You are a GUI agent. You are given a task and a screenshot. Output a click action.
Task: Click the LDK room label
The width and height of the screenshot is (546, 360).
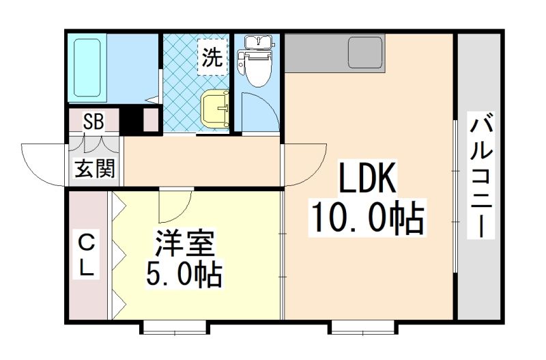point(367,178)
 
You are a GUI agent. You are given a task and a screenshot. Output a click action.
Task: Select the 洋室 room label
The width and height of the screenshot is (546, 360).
point(184,243)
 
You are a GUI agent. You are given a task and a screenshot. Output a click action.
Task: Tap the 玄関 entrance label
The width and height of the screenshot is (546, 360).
point(95,169)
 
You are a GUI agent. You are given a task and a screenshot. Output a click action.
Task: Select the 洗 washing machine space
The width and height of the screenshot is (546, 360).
point(212,57)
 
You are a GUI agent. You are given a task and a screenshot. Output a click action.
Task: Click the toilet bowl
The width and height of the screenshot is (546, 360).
point(255,68)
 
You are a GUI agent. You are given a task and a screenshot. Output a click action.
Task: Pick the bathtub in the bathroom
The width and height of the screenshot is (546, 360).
point(87,68)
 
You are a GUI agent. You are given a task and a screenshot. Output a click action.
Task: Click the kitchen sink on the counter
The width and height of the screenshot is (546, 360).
point(365,53)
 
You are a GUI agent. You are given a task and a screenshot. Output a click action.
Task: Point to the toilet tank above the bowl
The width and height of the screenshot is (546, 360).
point(259,42)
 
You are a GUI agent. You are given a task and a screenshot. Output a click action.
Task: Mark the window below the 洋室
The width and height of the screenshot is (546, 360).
point(175,328)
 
